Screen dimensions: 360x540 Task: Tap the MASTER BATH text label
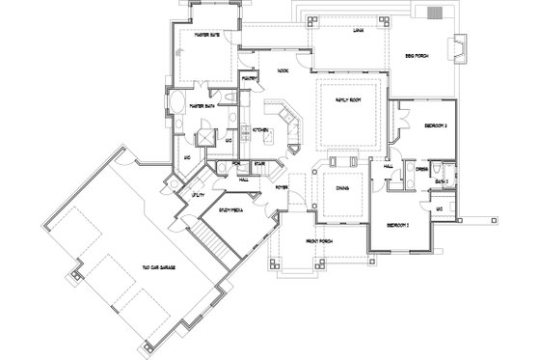coord(201,103)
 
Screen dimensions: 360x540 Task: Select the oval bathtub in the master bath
coord(178,103)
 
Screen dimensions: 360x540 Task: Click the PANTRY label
coord(249,76)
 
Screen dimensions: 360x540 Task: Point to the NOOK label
coord(283,70)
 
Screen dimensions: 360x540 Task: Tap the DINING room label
coord(341,189)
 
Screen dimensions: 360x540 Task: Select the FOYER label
coord(282,186)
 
